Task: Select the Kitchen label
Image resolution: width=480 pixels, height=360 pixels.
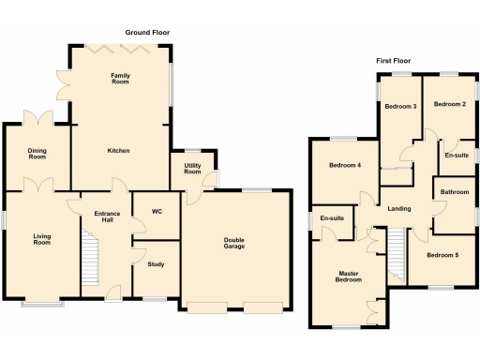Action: tap(118, 150)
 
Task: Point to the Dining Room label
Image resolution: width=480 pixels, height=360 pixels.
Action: tap(37, 154)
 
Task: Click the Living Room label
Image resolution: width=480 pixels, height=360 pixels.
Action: tap(42, 239)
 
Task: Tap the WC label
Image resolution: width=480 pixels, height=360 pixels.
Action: tap(157, 212)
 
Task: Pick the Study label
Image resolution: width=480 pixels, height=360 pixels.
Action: tap(156, 264)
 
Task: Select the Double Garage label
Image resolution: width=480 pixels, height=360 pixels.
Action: tap(234, 244)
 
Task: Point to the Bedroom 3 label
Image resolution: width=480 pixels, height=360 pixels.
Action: tap(400, 106)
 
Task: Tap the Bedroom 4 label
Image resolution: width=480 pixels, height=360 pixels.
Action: tap(345, 166)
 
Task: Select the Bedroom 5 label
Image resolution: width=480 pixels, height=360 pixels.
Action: tap(442, 254)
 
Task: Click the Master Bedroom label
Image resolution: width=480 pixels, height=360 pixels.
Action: tap(349, 277)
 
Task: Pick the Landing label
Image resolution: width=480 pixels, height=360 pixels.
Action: tap(399, 207)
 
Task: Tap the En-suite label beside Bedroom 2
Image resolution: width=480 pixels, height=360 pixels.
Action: tap(457, 155)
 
